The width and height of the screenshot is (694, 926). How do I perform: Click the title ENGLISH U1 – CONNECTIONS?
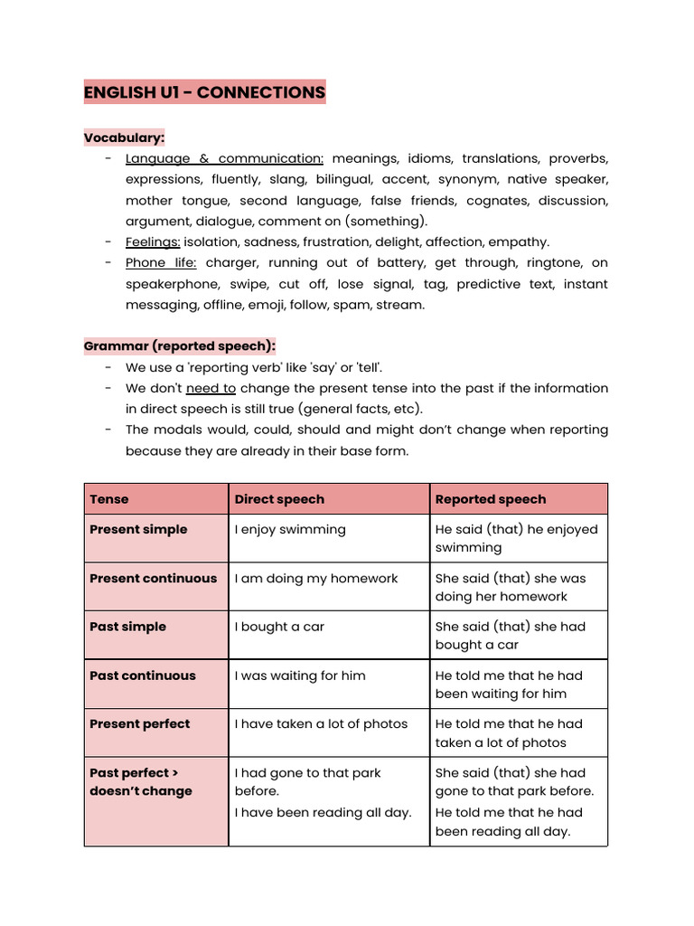point(204,92)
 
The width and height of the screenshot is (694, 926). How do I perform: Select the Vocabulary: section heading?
point(124,137)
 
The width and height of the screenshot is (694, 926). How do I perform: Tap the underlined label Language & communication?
point(224,158)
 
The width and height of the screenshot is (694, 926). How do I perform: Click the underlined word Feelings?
point(153,241)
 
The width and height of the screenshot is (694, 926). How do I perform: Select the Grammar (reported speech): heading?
point(180,345)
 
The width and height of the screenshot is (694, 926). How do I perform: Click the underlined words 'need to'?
point(211,388)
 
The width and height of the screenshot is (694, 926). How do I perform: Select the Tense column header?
point(109,499)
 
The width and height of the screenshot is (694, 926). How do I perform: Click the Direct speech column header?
point(279,499)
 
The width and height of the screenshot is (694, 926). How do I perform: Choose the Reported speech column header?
point(491,499)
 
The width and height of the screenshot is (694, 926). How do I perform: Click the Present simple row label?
point(138,529)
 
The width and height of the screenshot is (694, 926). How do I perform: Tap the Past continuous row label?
point(143,676)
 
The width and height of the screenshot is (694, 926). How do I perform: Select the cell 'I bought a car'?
point(279,627)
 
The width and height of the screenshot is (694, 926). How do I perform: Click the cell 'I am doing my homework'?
point(316,578)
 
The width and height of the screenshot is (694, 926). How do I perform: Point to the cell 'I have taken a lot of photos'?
point(321,723)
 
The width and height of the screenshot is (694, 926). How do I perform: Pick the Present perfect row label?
point(140,723)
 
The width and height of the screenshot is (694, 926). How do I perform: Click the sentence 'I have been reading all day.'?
point(323,812)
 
